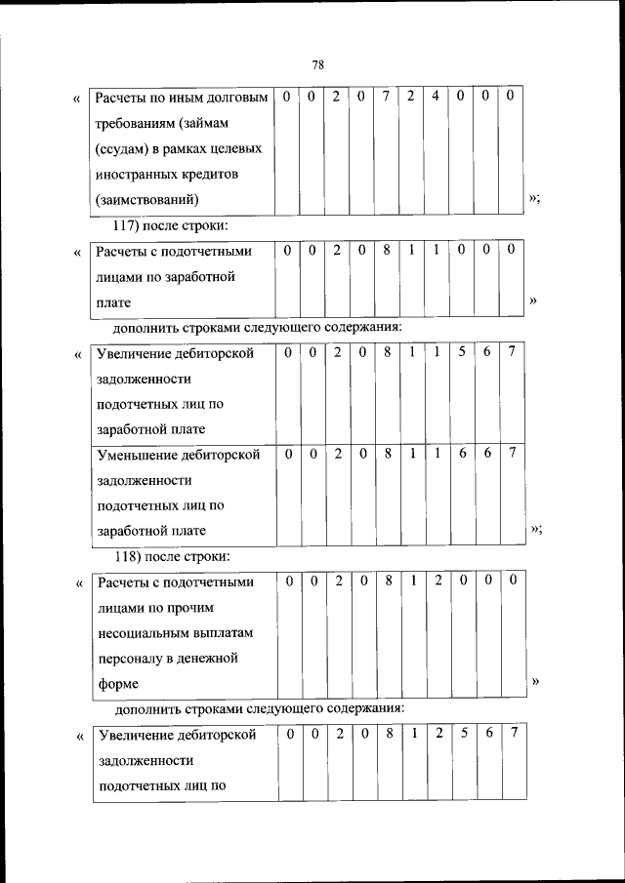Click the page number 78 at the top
[317, 65]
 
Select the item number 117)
[130, 226]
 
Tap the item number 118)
[130, 557]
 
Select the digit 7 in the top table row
[387, 97]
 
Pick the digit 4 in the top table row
[435, 97]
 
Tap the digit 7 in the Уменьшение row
[512, 453]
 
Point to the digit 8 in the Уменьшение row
[387, 453]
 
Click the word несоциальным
[143, 633]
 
